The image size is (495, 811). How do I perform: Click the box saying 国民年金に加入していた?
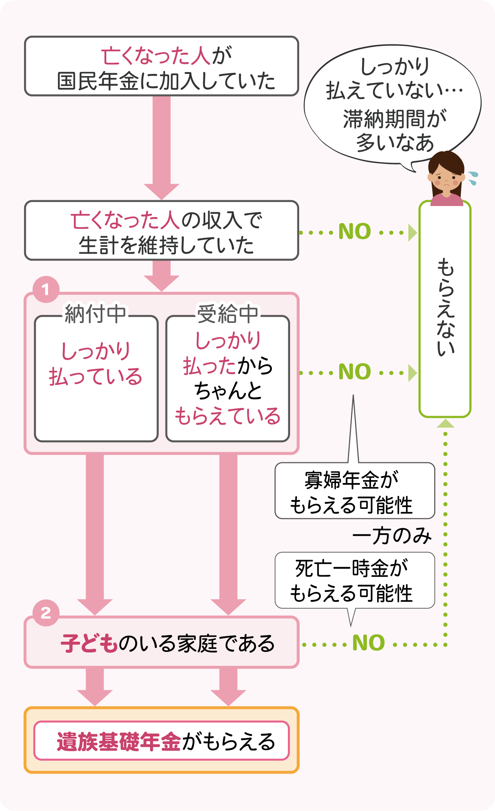coord(162,67)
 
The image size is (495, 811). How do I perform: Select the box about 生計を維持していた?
coord(162,231)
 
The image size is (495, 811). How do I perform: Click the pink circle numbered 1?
coord(46,289)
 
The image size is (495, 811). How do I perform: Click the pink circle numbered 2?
coord(46,613)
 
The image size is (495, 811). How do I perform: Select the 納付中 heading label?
coord(95,314)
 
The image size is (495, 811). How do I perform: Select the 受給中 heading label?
coord(227,314)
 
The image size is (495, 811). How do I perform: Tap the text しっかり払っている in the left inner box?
coord(95,364)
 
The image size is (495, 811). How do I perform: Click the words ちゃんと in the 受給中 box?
coord(228,391)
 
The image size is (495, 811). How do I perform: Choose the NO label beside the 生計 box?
coord(355,232)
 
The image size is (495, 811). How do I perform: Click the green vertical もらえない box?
coord(445,309)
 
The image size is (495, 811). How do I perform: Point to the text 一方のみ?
coord(392,536)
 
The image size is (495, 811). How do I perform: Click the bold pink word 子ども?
coord(89,643)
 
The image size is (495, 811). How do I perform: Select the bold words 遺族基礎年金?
coord(119,741)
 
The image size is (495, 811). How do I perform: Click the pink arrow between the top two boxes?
coord(162,146)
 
